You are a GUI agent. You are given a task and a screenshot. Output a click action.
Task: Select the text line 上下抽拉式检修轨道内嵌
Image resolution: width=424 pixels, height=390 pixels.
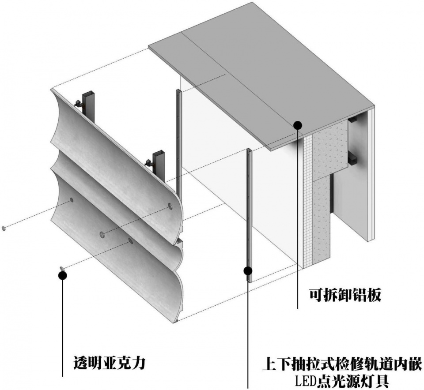coord(342,365)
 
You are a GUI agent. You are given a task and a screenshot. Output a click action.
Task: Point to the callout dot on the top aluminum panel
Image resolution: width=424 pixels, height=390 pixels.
coord(298,125)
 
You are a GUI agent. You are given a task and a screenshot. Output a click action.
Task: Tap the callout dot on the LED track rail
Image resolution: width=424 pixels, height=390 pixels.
coord(248,270)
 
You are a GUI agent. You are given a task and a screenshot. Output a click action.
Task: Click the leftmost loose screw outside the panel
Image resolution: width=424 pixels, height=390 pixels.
coord(4,228)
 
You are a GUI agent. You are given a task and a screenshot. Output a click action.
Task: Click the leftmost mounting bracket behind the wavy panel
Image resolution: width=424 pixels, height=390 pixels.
coord(90,105)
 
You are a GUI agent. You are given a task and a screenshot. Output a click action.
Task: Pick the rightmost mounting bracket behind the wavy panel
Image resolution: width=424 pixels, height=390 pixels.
coord(158,163)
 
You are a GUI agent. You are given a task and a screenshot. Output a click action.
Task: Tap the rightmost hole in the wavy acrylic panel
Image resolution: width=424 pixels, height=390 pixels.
coord(170,206)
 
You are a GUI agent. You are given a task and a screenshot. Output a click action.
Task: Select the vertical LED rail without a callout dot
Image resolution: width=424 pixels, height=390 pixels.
coord(178,141)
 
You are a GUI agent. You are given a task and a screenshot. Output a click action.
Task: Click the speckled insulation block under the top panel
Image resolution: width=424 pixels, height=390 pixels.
coord(329,152)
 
